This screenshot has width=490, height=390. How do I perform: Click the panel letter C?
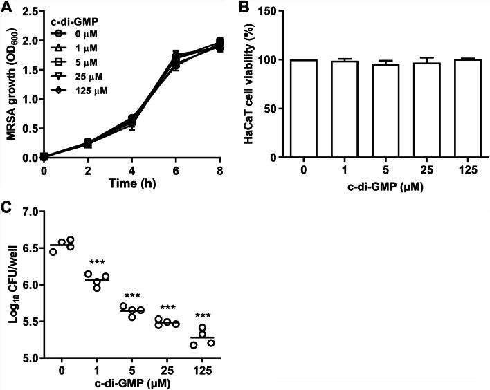6,204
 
